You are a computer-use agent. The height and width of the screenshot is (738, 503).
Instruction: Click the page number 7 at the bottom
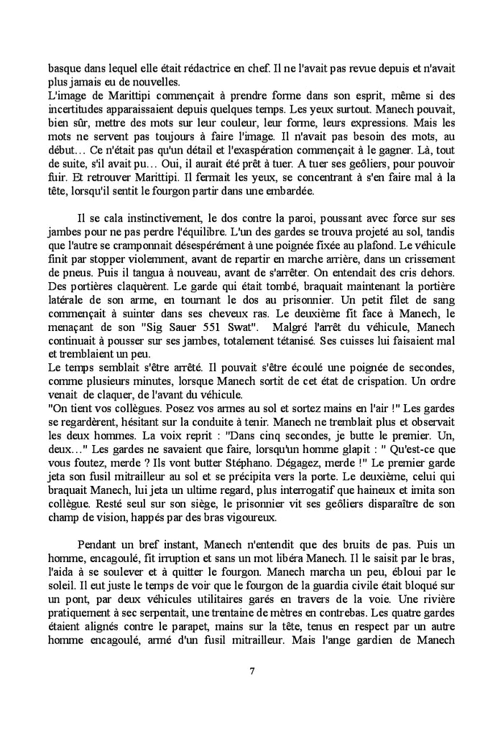click(x=251, y=673)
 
